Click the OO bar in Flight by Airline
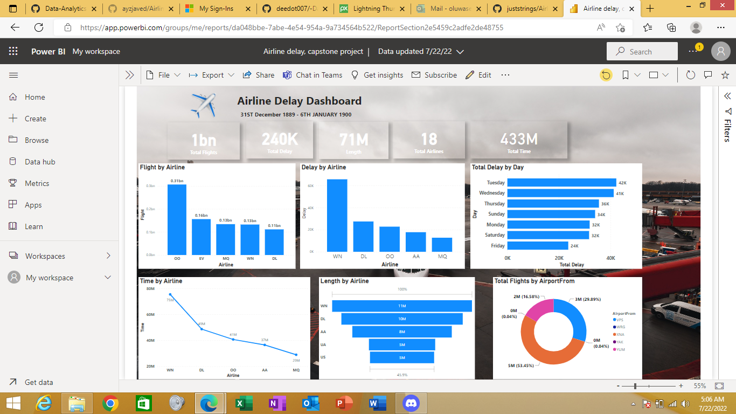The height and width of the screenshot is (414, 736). (177, 219)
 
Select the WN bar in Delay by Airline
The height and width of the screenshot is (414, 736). (337, 216)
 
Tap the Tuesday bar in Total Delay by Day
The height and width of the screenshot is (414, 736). (561, 183)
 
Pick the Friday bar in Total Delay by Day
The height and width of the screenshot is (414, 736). (530, 246)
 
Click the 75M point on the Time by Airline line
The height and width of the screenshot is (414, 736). (170, 295)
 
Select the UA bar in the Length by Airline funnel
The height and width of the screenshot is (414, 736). (402, 344)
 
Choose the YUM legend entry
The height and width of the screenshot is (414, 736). (620, 349)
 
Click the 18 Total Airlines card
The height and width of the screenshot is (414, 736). (429, 141)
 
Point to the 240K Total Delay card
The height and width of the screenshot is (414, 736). (280, 141)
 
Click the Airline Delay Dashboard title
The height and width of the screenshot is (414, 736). (299, 101)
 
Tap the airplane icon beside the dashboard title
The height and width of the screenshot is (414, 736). (203, 105)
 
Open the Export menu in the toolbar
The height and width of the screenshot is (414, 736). (212, 75)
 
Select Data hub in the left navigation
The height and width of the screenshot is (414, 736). (40, 162)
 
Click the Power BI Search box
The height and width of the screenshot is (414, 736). (642, 52)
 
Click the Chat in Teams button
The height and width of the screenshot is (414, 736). (313, 75)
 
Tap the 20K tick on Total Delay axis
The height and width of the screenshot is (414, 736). (559, 258)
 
